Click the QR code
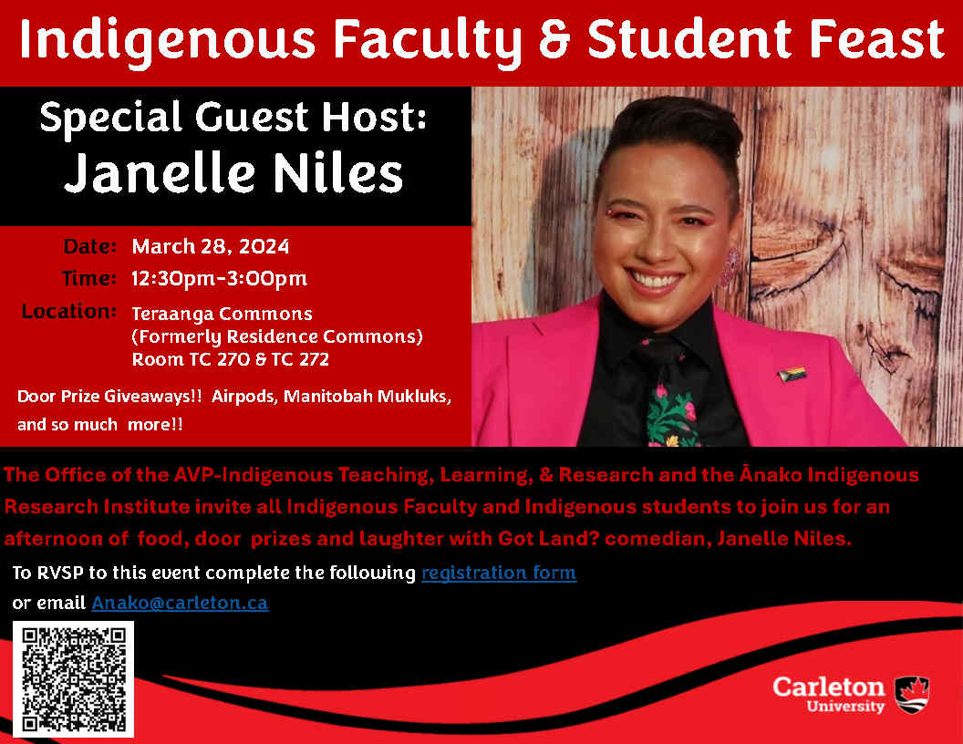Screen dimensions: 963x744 coord(73,678)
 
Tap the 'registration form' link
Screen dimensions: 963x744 coord(499,573)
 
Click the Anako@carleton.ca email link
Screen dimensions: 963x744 coord(180,603)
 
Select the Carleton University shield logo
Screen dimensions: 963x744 coord(912,695)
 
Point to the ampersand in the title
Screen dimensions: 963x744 coord(554,39)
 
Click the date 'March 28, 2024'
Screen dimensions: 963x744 coord(211,247)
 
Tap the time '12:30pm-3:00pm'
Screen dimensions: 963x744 coord(219,279)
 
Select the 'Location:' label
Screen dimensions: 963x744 coord(68,311)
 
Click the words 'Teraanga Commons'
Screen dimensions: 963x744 coord(222,314)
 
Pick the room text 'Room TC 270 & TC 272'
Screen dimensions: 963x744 coord(231,359)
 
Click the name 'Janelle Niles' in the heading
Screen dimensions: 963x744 coord(233,173)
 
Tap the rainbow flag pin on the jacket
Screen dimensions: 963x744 coord(792,374)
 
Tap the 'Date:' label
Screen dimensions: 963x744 coord(89,246)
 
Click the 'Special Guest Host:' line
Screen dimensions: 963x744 coord(233,118)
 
